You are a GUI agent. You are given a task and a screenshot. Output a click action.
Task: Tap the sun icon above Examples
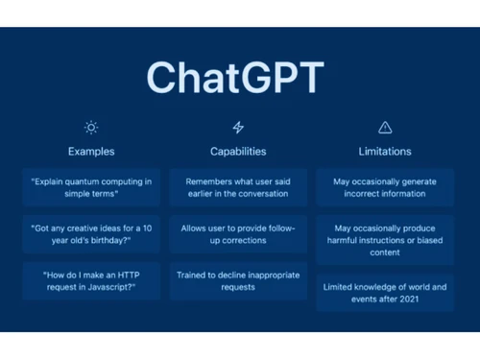pos(91,127)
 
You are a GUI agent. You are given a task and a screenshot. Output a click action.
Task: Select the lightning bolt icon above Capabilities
pos(238,127)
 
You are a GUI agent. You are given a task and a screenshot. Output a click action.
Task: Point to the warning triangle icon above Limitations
pos(385,127)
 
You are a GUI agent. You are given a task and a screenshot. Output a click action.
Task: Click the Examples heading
pos(91,151)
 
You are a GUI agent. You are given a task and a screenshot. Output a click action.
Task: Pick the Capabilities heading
pos(238,151)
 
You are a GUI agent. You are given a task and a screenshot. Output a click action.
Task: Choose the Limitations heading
pos(384,151)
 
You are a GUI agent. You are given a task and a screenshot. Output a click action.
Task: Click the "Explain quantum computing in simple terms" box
pos(91,187)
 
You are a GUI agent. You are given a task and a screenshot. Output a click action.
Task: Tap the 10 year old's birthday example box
pos(91,233)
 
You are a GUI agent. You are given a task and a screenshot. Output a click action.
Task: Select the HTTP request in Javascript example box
pos(91,279)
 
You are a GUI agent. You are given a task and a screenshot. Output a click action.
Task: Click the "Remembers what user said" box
pos(238,187)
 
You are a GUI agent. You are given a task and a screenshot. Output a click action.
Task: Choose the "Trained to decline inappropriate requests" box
pos(238,279)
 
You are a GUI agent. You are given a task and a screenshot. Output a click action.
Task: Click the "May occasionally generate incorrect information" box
pos(384,187)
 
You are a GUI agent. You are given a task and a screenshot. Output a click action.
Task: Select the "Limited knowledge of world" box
pos(384,292)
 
